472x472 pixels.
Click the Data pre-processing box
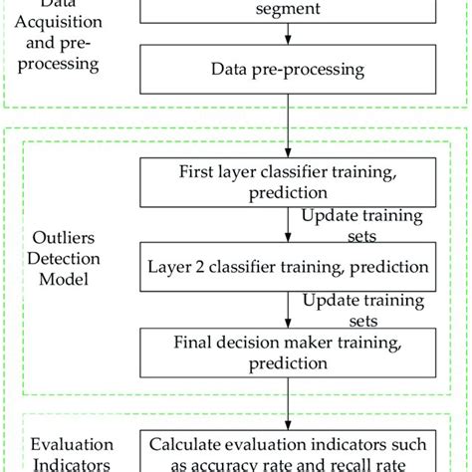coord(289,70)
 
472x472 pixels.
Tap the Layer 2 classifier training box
coord(289,267)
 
